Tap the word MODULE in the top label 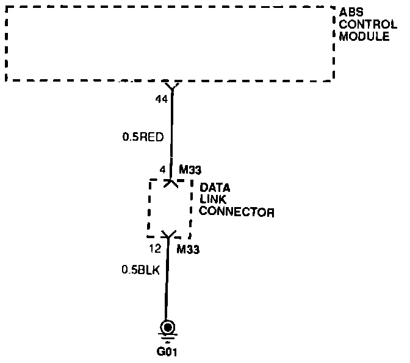[364, 36]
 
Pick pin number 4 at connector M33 [162, 169]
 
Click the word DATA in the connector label [215, 188]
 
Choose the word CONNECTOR [237, 213]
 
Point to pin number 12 [155, 248]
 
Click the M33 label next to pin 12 [189, 249]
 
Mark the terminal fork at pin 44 [173, 89]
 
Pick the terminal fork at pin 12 [168, 234]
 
